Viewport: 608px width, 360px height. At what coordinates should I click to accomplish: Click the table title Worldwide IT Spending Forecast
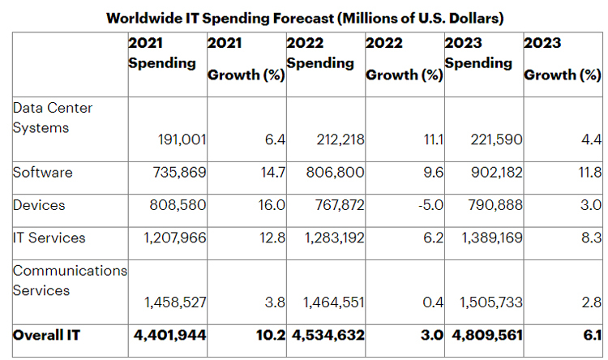[303, 18]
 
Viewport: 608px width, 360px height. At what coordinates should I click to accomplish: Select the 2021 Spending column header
[162, 53]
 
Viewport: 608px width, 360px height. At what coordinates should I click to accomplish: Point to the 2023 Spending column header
[478, 53]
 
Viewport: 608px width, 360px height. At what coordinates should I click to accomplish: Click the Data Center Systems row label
[54, 118]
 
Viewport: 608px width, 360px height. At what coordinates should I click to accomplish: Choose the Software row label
[43, 173]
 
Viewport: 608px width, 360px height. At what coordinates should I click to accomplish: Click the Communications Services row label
[70, 280]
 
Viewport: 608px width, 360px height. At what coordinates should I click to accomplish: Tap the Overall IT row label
[45, 334]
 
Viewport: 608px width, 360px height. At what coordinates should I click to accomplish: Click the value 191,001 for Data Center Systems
[182, 140]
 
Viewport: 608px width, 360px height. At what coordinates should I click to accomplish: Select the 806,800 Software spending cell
[336, 173]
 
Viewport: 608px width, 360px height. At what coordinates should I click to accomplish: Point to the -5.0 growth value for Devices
[430, 205]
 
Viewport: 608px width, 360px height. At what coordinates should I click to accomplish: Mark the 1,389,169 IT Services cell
[490, 238]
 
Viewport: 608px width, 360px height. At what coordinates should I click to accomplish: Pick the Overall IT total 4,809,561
[485, 334]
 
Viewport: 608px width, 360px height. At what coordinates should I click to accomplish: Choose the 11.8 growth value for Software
[589, 173]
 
